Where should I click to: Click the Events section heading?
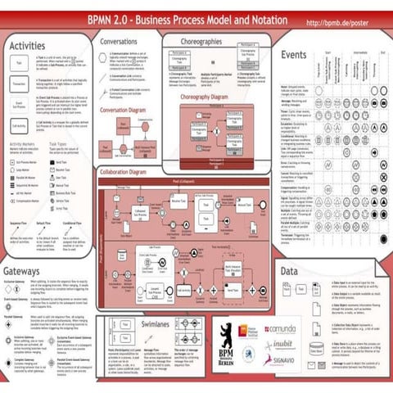(x=293, y=55)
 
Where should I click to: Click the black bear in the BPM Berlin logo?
(x=226, y=333)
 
